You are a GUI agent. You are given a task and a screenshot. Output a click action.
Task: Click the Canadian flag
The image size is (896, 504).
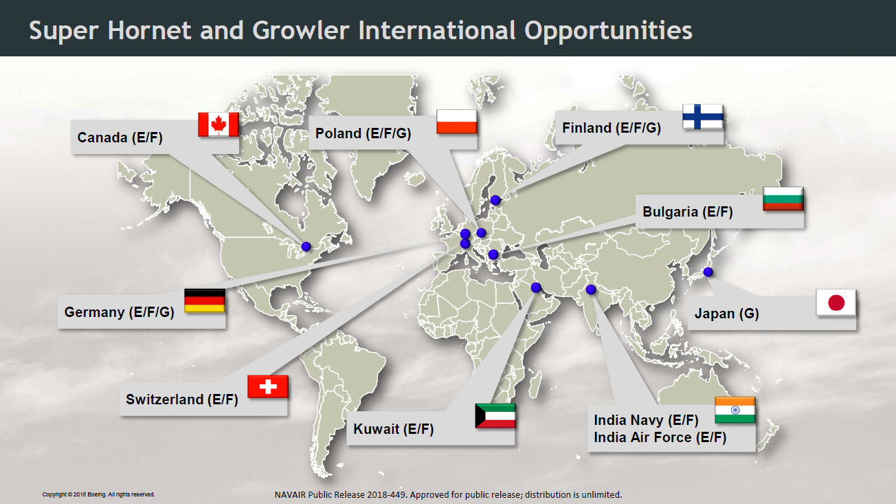coord(219,124)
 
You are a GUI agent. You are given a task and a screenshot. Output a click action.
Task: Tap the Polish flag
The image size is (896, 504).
coord(456,122)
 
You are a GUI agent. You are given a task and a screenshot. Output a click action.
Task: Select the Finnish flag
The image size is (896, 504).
coord(703,116)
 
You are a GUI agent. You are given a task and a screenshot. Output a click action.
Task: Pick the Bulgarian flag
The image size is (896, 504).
coord(783,199)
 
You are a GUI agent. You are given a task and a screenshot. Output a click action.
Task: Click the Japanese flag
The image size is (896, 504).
coord(836,303)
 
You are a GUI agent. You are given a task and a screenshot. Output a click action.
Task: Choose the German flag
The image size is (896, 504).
coord(205,300)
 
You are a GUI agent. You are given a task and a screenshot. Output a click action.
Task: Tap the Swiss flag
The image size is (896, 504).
coord(267,386)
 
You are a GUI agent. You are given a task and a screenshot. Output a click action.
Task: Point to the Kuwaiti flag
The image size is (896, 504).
coord(495,416)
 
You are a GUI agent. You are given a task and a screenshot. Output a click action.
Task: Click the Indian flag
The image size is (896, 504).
coord(735,410)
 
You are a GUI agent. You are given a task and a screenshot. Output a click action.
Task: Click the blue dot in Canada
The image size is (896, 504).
coord(306,247)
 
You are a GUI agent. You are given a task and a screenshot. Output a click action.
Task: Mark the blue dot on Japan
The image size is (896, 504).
coord(708,272)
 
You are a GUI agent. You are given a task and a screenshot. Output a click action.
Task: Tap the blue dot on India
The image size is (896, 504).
coord(591,289)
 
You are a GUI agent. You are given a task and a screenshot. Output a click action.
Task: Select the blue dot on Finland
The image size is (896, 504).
coord(495,200)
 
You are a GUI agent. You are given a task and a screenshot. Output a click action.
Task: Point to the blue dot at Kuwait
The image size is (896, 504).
coord(536,287)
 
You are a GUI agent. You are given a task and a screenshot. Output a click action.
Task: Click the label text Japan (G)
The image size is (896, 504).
coord(726,314)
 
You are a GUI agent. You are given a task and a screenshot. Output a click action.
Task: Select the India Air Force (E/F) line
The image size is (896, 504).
coord(660,437)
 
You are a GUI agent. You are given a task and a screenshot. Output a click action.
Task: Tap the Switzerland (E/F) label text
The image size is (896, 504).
coord(182,399)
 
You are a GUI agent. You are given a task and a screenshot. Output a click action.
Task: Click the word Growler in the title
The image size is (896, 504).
coord(301,30)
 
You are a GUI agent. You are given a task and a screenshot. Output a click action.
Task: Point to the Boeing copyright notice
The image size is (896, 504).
coord(98,494)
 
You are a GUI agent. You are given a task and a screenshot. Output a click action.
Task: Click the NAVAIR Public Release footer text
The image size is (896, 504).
coord(448,495)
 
